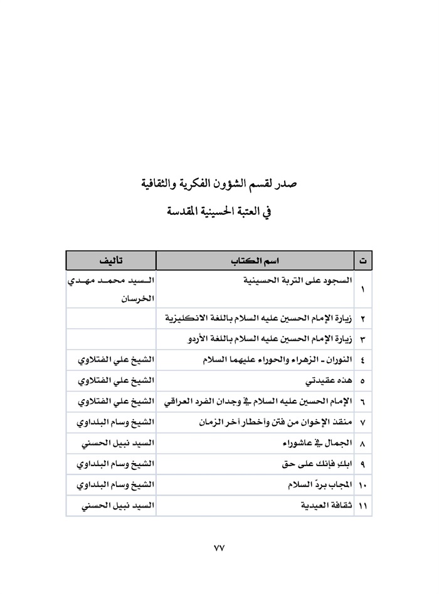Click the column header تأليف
(x=112, y=259)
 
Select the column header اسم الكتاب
(x=255, y=259)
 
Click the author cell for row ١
(x=112, y=289)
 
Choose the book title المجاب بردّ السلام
(x=313, y=485)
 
